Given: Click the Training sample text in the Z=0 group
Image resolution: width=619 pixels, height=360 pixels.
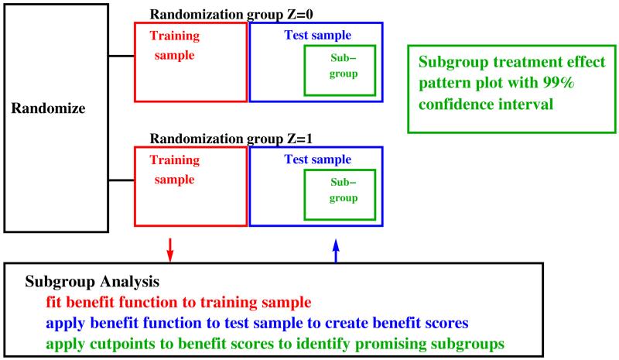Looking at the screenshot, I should click(x=173, y=45).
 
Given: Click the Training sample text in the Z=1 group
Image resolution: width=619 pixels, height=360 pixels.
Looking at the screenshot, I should click(x=173, y=170).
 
